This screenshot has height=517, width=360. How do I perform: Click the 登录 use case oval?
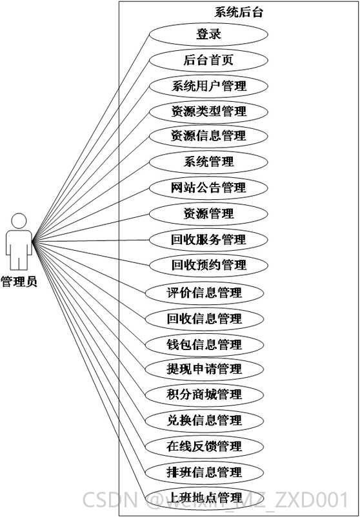click(x=208, y=34)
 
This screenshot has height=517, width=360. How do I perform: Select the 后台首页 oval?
click(x=208, y=61)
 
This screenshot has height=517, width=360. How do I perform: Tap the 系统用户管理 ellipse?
click(x=208, y=86)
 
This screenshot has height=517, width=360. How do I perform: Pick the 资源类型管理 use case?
click(x=208, y=112)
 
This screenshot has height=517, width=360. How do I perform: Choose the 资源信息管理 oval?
click(x=208, y=136)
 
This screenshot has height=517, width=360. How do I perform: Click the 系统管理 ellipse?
click(x=208, y=162)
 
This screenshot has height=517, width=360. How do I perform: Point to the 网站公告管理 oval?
click(x=208, y=188)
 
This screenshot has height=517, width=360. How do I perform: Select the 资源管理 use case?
click(x=208, y=214)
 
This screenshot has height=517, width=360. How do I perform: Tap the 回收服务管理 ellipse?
click(x=208, y=240)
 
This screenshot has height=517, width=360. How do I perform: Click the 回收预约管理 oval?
click(x=208, y=265)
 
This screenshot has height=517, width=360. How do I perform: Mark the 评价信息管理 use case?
click(x=205, y=293)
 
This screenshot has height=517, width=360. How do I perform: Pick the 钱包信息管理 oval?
click(x=205, y=345)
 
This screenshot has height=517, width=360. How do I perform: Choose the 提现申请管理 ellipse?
click(x=205, y=369)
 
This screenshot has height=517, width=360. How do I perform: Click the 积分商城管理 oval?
click(x=205, y=395)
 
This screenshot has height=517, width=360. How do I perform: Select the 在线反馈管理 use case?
click(x=205, y=447)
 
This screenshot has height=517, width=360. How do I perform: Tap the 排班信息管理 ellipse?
click(x=205, y=472)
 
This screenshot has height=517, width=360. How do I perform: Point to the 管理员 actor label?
click(x=19, y=282)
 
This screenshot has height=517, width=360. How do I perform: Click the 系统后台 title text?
click(x=239, y=12)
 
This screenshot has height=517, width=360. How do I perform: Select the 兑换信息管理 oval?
click(x=205, y=421)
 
